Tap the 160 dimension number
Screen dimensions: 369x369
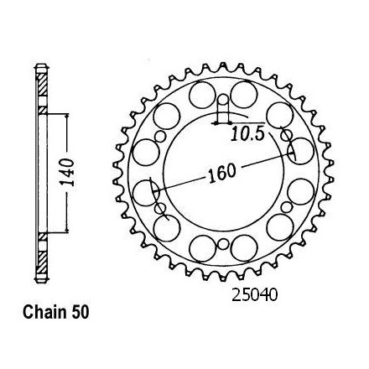(x=222, y=173)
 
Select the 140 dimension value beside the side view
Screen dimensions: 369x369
(x=68, y=173)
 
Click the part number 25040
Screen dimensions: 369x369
(x=254, y=295)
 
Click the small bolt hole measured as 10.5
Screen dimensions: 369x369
(x=223, y=100)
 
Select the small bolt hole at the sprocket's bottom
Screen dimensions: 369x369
(x=223, y=244)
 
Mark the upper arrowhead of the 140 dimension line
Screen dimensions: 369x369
(x=67, y=116)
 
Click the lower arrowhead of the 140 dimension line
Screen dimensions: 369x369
(x=67, y=230)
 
